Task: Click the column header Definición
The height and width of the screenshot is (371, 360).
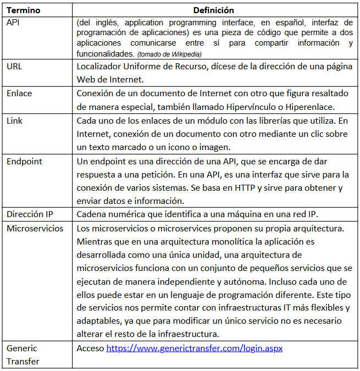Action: click(214, 10)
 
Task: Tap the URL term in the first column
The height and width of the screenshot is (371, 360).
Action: click(15, 66)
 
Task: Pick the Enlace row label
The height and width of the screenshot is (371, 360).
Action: click(19, 93)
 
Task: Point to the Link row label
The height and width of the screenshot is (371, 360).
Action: click(15, 120)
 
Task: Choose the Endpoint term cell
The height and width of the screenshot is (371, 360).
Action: click(24, 162)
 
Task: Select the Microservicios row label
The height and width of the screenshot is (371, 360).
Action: click(35, 228)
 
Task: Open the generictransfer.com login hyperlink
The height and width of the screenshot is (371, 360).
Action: click(194, 348)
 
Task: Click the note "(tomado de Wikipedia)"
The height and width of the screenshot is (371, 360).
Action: click(169, 53)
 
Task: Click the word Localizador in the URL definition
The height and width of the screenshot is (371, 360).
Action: click(99, 66)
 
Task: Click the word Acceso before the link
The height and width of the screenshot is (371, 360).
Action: click(90, 348)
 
